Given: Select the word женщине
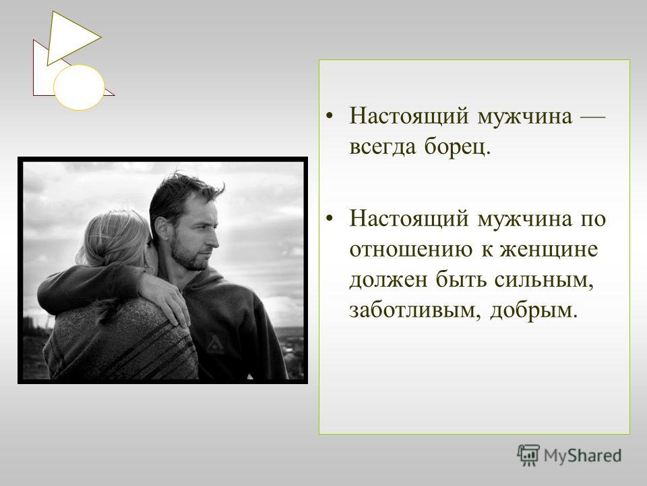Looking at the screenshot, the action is (549, 250).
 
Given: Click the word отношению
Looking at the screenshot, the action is (411, 250).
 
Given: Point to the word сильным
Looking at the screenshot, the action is (545, 280).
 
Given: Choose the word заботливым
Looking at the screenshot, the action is (415, 310).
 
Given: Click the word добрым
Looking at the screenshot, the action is (534, 310).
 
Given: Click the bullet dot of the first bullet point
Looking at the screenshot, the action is (329, 116).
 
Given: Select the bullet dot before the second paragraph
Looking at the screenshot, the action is (329, 219).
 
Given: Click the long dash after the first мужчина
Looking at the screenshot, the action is (593, 117).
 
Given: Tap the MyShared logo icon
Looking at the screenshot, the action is (528, 455).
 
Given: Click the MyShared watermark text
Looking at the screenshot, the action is (582, 456).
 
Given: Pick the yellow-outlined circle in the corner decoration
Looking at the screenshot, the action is (80, 87).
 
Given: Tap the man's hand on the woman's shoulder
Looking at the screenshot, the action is (165, 298).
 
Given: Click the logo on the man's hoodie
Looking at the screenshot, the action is (214, 344).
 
